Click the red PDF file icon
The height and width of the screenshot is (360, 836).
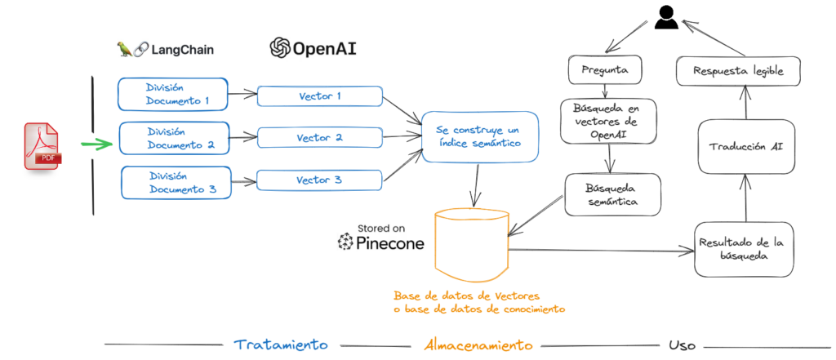42,146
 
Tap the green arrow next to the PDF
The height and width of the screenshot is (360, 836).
97,145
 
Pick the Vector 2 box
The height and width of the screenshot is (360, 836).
319,138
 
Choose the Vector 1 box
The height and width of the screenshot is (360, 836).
319,96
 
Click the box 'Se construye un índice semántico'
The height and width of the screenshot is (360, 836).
478,137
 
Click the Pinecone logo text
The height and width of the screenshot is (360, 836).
381,242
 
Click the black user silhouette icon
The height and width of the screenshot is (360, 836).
666,17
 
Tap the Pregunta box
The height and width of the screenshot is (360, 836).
604,71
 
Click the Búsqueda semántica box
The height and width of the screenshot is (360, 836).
608,194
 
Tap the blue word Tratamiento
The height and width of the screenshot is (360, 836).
281,344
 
